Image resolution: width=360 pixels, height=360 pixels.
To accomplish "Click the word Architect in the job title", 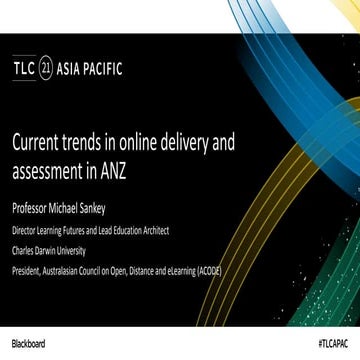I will pyautogui.click(x=152, y=229).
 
